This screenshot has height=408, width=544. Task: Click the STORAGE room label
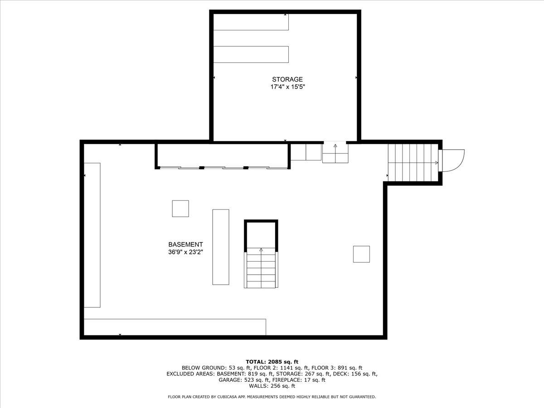click(x=287, y=79)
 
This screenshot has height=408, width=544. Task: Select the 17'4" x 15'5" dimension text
click(x=287, y=87)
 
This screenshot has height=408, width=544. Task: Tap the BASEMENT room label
click(x=185, y=244)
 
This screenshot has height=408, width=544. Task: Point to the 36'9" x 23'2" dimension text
click(x=185, y=253)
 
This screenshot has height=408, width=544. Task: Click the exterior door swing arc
click(x=454, y=161)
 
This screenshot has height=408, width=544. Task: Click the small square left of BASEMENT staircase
click(x=180, y=209)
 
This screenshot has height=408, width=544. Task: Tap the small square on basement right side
click(x=361, y=254)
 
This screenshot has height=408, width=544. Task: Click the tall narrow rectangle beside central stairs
click(x=221, y=247)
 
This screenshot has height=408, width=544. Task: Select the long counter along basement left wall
click(x=92, y=235)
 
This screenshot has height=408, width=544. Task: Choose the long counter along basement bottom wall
click(x=175, y=327)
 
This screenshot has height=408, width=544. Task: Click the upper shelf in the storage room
click(x=251, y=22)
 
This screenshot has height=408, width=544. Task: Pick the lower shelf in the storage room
click(x=251, y=54)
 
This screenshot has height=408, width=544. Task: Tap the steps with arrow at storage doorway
click(x=335, y=153)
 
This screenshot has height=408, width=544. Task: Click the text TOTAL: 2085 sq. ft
click(x=272, y=361)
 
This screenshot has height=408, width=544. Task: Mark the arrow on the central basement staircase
click(x=261, y=249)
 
